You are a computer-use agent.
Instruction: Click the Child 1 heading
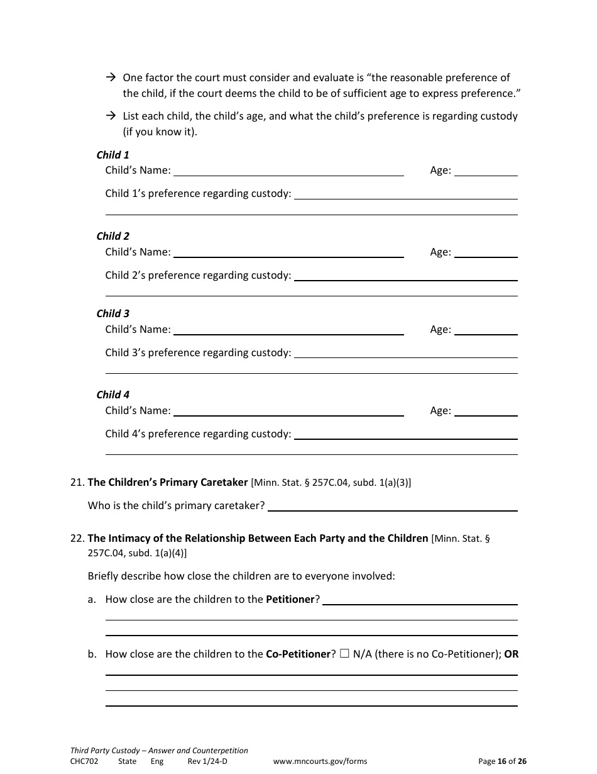click(x=112, y=155)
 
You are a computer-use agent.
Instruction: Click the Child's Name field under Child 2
click(x=288, y=252)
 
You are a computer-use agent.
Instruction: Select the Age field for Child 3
click(x=486, y=330)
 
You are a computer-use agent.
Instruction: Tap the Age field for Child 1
click(x=486, y=171)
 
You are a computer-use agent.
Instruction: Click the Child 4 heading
click(x=112, y=395)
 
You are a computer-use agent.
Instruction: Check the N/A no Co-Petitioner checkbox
click(x=344, y=654)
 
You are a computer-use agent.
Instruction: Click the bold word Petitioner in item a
click(x=290, y=600)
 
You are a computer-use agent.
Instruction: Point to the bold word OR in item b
click(x=512, y=654)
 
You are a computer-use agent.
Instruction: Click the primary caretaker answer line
click(x=393, y=506)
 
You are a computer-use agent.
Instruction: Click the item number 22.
click(x=77, y=539)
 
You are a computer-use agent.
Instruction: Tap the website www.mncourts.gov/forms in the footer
click(x=320, y=761)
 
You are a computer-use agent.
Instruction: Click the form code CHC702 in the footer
click(x=84, y=761)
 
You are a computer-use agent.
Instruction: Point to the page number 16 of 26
click(x=502, y=761)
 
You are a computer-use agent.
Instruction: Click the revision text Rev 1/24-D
click(x=207, y=761)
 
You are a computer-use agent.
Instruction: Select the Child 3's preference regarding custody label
click(x=198, y=353)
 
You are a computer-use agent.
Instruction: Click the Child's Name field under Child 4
click(x=288, y=411)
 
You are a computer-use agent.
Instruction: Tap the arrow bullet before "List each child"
click(x=111, y=116)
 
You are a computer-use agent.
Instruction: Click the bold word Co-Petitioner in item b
click(x=298, y=654)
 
